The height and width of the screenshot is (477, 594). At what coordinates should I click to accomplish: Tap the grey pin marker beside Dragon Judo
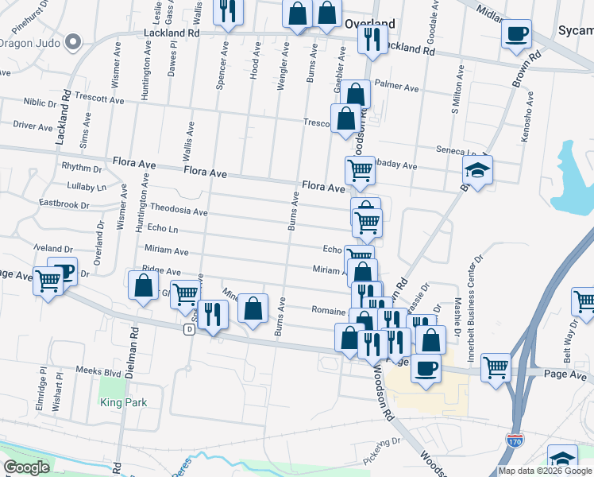pos(74,41)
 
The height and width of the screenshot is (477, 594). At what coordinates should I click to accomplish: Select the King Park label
pos(124,402)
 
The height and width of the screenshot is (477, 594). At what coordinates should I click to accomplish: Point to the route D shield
pos(189,329)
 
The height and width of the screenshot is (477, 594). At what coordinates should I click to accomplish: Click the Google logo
pos(27,467)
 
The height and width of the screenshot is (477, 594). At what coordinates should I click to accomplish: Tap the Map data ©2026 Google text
pos(545,471)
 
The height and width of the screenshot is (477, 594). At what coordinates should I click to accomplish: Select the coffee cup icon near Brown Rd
pos(517,33)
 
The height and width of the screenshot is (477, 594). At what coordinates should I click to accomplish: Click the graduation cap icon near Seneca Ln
pos(478,170)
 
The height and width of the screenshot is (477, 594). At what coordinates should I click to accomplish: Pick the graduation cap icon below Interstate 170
pos(562,459)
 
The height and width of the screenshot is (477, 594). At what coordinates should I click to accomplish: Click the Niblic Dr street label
pos(40,102)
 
